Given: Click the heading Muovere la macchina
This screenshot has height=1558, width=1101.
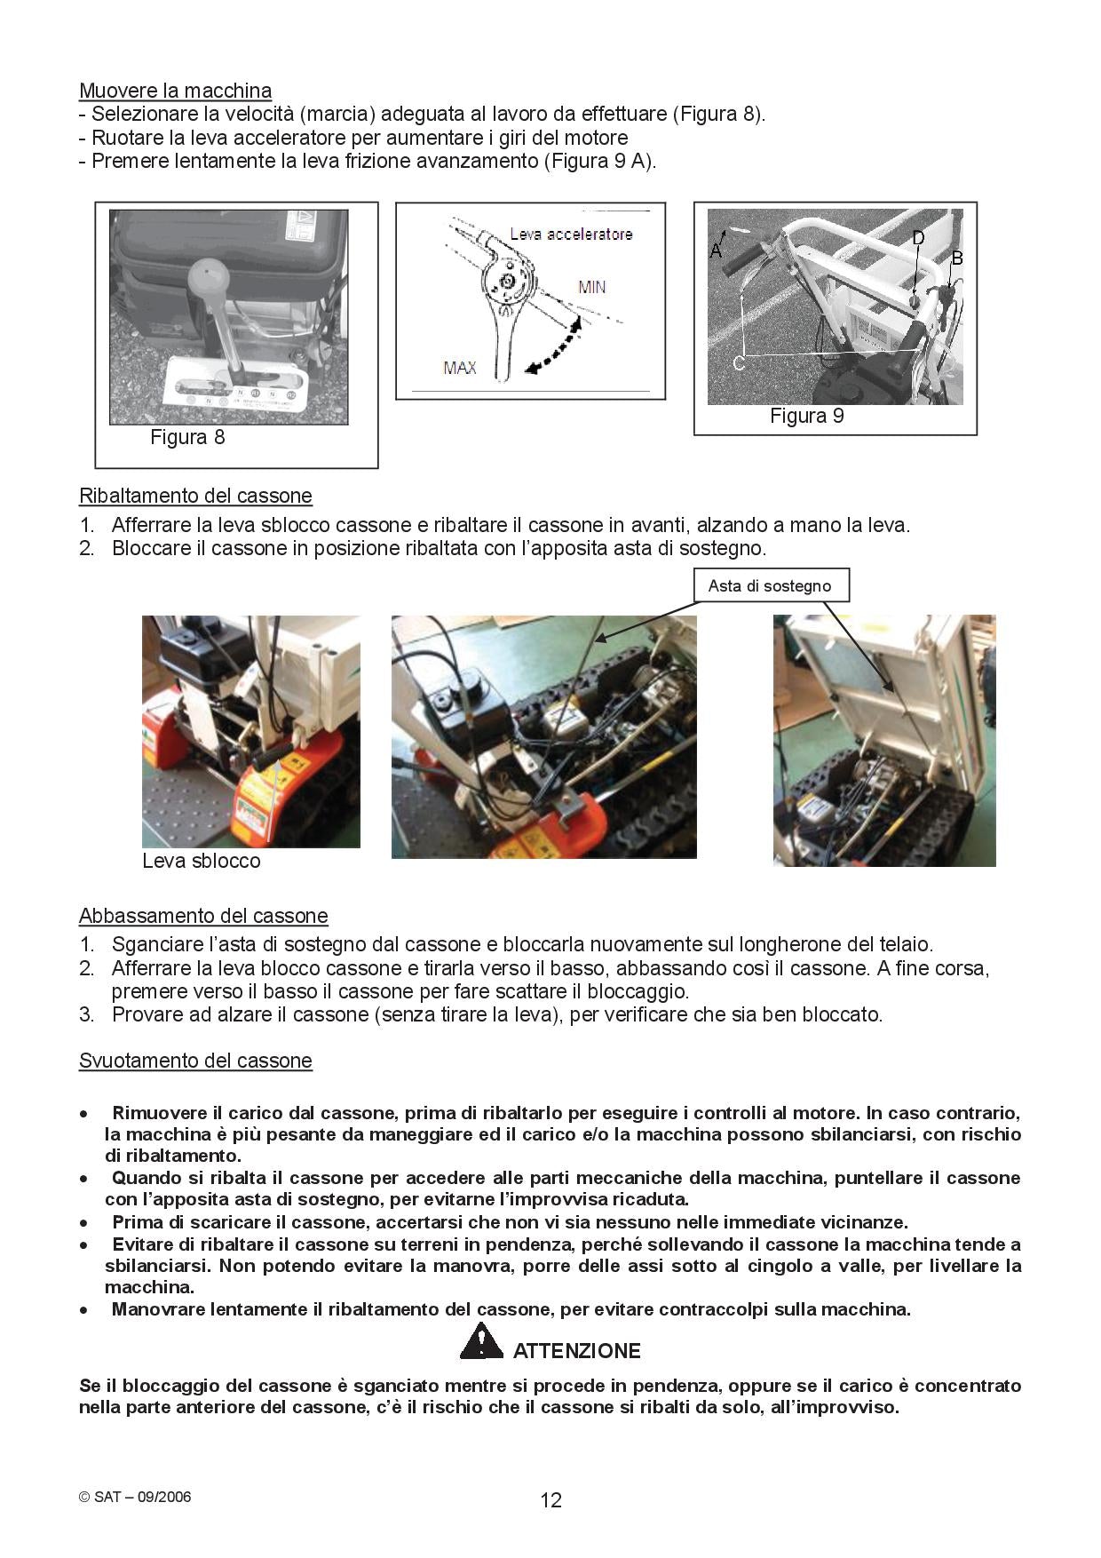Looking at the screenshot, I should pos(175,91).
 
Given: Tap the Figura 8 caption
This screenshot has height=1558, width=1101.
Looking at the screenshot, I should pos(187,437).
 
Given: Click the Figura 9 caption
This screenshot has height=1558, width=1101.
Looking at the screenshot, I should pos(806,416).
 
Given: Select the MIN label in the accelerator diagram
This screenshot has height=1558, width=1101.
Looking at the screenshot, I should pos(591,287).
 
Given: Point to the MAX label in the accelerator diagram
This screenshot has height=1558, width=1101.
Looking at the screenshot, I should pos(459,368).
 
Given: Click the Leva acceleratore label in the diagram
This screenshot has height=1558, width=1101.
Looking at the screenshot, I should pos(571,234).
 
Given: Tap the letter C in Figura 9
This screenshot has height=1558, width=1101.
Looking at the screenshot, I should pos(738,362).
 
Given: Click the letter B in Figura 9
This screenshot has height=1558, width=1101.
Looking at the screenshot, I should pos(957,258).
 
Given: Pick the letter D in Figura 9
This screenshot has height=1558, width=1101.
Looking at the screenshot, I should pos(918,238).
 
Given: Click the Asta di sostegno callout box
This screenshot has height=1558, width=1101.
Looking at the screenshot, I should pos(770,586).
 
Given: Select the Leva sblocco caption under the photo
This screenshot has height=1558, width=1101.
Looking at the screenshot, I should pos(201,861).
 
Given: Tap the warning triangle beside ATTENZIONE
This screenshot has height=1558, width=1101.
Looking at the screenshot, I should pos(481,1341).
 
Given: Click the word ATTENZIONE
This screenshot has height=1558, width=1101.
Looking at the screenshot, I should pos(576,1351).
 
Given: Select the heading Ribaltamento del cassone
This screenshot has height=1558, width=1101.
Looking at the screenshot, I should pos(195,496).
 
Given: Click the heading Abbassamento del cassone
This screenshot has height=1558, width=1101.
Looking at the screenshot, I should pos(203,916).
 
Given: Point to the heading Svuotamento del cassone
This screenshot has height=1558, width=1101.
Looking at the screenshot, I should pos(195,1061).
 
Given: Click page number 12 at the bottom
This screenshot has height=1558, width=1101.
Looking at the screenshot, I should pos(550,1500).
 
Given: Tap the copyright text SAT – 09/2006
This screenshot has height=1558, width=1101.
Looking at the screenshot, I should pos(135,1497).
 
